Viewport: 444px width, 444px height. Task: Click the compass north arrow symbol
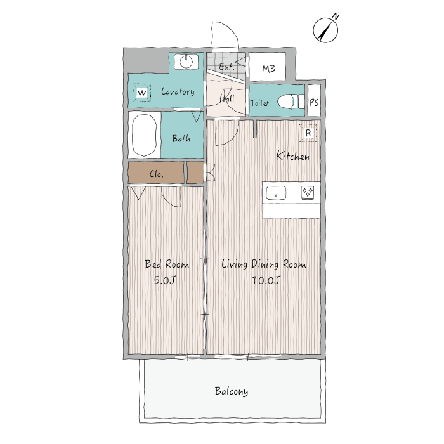(325, 29)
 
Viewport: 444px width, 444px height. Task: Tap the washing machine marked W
(141, 93)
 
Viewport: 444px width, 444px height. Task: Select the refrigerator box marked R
(308, 133)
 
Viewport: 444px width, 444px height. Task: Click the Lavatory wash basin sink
(186, 62)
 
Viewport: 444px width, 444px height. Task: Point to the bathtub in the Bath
(145, 135)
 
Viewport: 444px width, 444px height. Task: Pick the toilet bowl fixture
(291, 101)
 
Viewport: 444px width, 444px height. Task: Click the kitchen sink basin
(276, 193)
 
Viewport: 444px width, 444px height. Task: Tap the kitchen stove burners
(308, 192)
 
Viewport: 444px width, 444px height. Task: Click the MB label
(268, 69)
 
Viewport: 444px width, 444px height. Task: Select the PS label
(314, 102)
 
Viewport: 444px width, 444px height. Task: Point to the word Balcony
(232, 391)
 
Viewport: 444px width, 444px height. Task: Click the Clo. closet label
(157, 174)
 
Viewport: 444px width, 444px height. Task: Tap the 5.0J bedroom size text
(165, 280)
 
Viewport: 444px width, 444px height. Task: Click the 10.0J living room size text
(266, 280)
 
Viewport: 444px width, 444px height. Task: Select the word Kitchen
(293, 156)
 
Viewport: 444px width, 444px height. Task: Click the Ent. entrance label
(227, 67)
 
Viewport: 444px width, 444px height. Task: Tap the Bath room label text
(181, 138)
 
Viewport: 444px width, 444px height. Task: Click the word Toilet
(259, 103)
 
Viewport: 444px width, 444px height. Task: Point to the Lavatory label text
(178, 91)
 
